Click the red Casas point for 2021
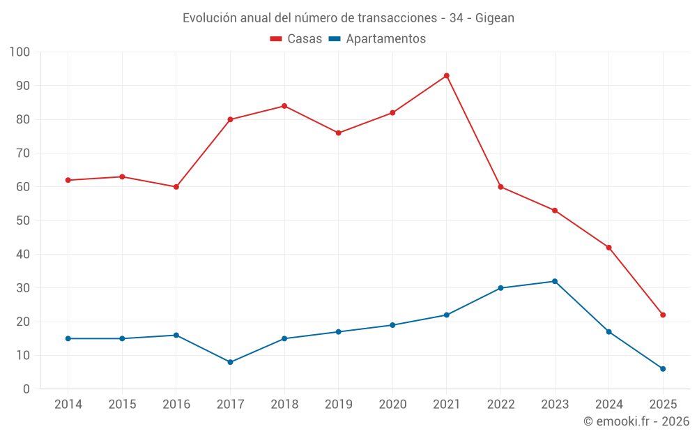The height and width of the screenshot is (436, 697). click(x=447, y=75)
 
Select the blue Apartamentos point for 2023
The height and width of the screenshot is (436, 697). click(x=555, y=281)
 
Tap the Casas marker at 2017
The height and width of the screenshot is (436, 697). click(x=230, y=119)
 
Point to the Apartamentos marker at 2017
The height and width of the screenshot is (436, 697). click(x=230, y=362)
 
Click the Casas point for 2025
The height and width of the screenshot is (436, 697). click(x=663, y=315)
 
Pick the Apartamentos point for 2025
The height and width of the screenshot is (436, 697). click(x=663, y=369)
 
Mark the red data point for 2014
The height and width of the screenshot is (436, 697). click(x=68, y=180)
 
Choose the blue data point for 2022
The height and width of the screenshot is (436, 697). click(x=500, y=288)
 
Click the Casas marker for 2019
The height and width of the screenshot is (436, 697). click(x=339, y=133)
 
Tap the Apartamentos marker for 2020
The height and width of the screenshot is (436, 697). click(x=392, y=325)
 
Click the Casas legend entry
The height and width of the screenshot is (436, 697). click(x=296, y=39)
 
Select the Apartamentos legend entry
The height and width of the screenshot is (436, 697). click(x=377, y=39)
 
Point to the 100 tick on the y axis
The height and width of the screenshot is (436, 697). click(x=20, y=52)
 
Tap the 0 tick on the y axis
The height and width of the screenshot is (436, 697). click(x=26, y=389)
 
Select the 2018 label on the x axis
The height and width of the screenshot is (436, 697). click(x=284, y=405)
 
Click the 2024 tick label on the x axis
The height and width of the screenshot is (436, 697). click(x=608, y=405)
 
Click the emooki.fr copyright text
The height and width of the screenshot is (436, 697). click(x=636, y=421)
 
